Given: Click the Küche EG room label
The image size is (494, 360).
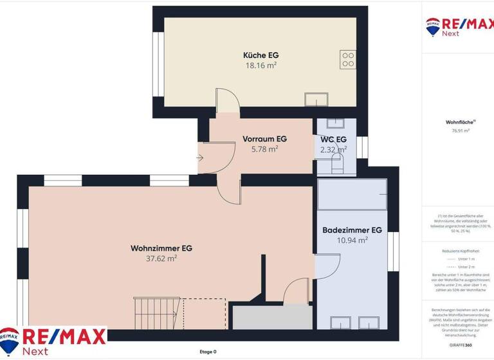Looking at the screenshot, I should (x=261, y=55).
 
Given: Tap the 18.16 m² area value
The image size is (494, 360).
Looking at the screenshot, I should (x=261, y=66).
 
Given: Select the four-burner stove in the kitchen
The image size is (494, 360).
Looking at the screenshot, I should (x=348, y=60).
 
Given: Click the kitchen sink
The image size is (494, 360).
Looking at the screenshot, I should (x=316, y=99).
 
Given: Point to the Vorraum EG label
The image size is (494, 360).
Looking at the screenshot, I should (x=264, y=138).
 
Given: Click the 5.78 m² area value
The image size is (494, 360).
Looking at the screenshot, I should (x=264, y=148).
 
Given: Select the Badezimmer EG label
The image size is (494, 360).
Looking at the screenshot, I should (x=352, y=230).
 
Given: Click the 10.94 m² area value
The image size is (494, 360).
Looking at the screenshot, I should (x=352, y=240).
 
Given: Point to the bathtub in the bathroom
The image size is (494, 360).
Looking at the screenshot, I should (x=352, y=194).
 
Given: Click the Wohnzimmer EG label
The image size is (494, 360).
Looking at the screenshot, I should (x=161, y=248).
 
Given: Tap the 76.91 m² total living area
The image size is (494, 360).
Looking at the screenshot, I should (x=461, y=130).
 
